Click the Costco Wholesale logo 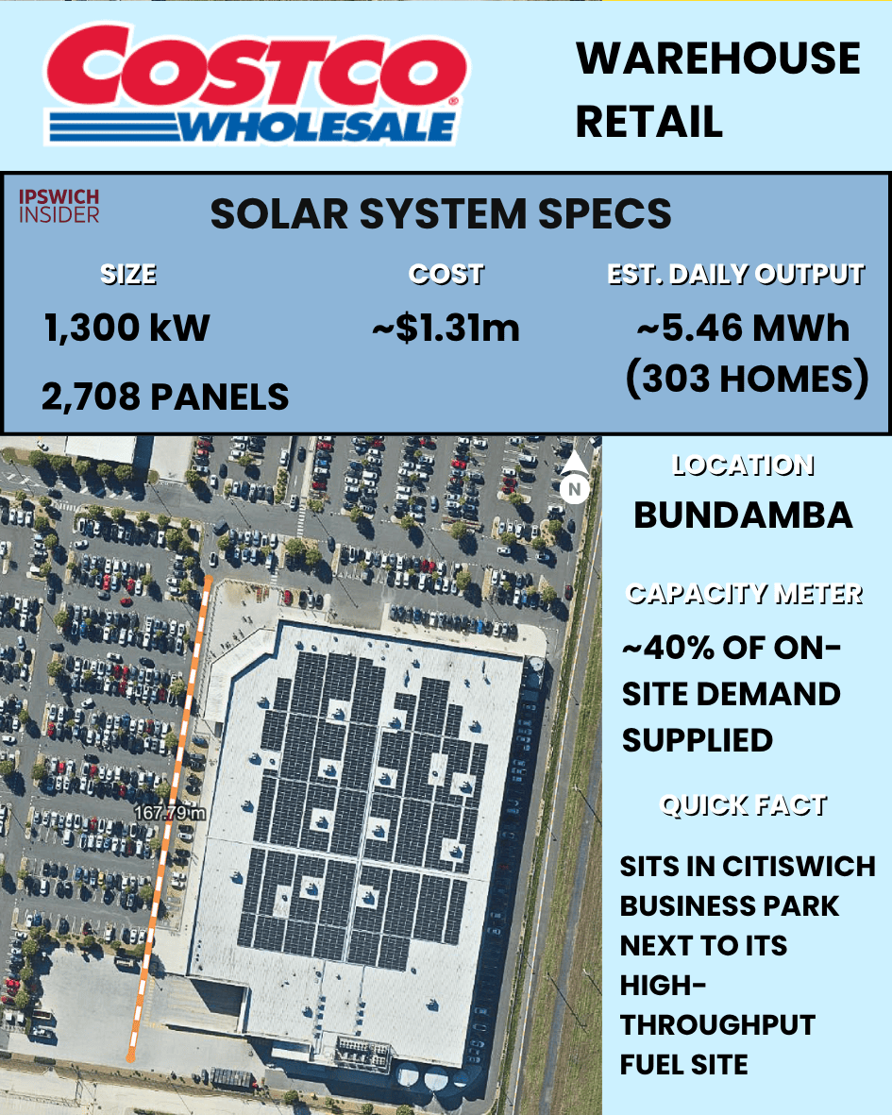click(256, 84)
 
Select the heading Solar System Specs click(441, 214)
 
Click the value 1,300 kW click(126, 328)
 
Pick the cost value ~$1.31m click(446, 328)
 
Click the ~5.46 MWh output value click(743, 328)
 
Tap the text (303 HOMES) click(746, 380)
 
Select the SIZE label click(128, 275)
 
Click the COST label click(446, 275)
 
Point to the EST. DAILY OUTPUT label click(735, 275)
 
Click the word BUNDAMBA click(743, 515)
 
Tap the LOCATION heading click(743, 465)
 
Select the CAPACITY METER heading click(744, 594)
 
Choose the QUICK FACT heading click(744, 805)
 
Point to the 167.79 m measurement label click(170, 812)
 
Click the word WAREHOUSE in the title click(718, 59)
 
